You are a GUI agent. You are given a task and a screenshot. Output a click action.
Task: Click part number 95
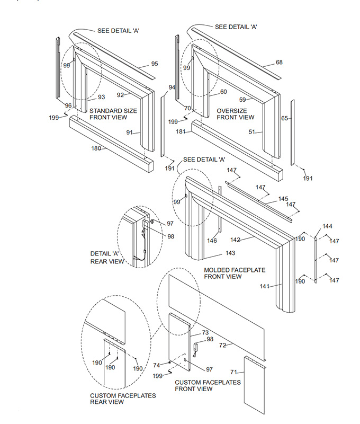click(x=155, y=64)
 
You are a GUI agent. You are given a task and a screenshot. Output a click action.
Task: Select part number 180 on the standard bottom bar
click(x=96, y=148)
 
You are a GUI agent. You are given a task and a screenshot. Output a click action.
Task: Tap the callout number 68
click(x=279, y=63)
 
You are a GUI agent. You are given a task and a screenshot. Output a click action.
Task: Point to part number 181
click(x=181, y=131)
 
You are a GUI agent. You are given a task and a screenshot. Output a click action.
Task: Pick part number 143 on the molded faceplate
click(x=231, y=253)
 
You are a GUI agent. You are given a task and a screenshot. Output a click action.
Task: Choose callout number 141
click(x=264, y=286)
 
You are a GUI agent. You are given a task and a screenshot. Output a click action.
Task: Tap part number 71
click(x=234, y=373)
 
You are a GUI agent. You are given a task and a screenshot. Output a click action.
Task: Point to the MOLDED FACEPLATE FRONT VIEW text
click(x=235, y=273)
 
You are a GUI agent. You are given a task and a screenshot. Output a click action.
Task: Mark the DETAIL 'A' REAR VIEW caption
click(x=107, y=257)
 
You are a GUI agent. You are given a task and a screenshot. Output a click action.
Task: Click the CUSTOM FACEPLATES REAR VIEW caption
click(x=115, y=399)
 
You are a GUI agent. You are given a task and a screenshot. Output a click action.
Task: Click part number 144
click(x=327, y=226)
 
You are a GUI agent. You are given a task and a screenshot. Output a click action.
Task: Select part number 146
click(x=212, y=241)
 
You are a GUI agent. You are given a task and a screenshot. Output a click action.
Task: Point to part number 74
click(x=156, y=366)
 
